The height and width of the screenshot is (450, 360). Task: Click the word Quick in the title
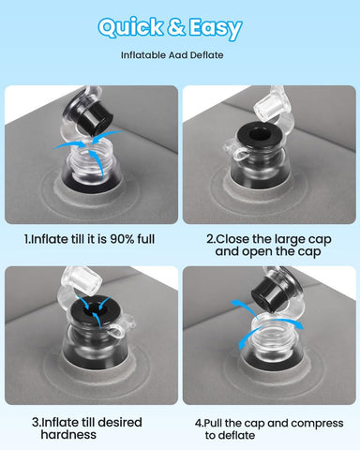(x=130, y=27)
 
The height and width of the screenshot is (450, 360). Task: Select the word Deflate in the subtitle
(x=207, y=55)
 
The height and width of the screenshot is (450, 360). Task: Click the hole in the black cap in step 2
(x=260, y=136)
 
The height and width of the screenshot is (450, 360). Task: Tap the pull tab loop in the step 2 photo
(x=240, y=155)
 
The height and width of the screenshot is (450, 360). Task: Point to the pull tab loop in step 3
(x=118, y=332)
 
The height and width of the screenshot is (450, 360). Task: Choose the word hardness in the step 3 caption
(x=68, y=434)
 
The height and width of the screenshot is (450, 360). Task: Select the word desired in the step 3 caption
(x=120, y=422)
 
